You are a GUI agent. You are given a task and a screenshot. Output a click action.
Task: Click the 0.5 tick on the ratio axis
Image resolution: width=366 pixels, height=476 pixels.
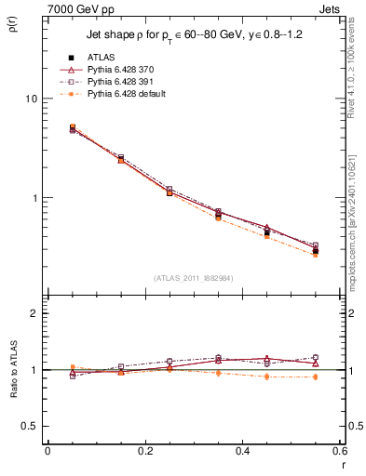point(29,426)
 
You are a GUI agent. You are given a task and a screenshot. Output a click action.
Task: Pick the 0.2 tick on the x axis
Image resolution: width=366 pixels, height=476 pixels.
point(144,451)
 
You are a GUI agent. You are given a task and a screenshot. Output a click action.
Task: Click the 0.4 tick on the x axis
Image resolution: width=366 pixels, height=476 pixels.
point(242,451)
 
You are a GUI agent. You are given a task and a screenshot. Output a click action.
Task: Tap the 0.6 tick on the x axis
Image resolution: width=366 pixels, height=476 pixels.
point(339,451)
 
